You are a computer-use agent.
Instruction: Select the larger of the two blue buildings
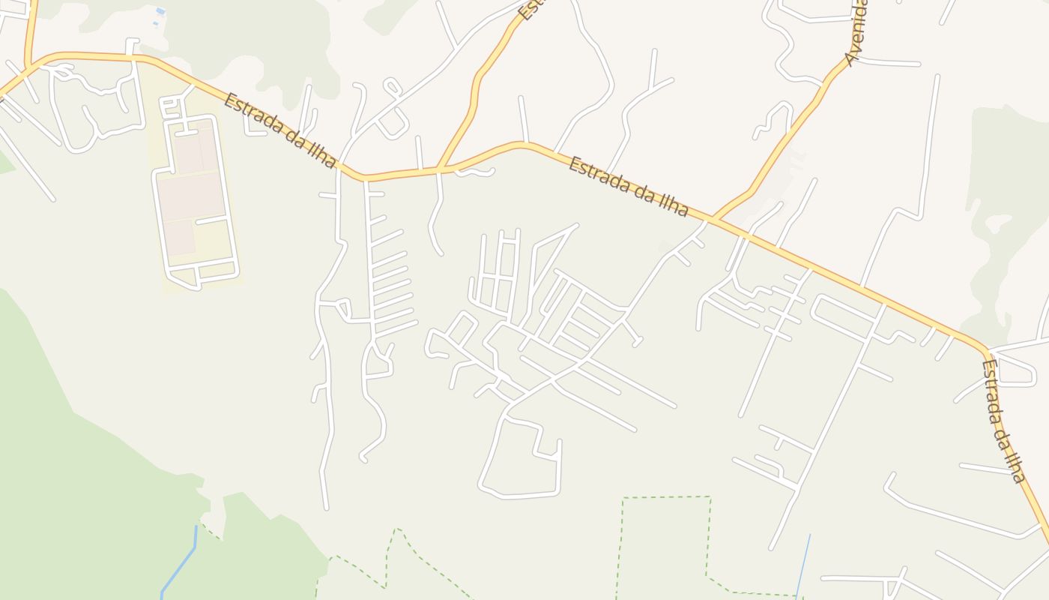(x=160, y=11)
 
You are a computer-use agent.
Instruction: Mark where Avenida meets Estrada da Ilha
(x=713, y=219)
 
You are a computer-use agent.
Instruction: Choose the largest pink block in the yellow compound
(x=193, y=196)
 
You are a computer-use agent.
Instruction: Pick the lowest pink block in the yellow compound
(x=180, y=238)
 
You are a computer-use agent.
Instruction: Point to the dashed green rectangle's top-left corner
(x=623, y=497)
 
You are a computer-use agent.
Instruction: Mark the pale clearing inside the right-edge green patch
(x=1000, y=223)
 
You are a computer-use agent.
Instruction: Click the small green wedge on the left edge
(x=5, y=163)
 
